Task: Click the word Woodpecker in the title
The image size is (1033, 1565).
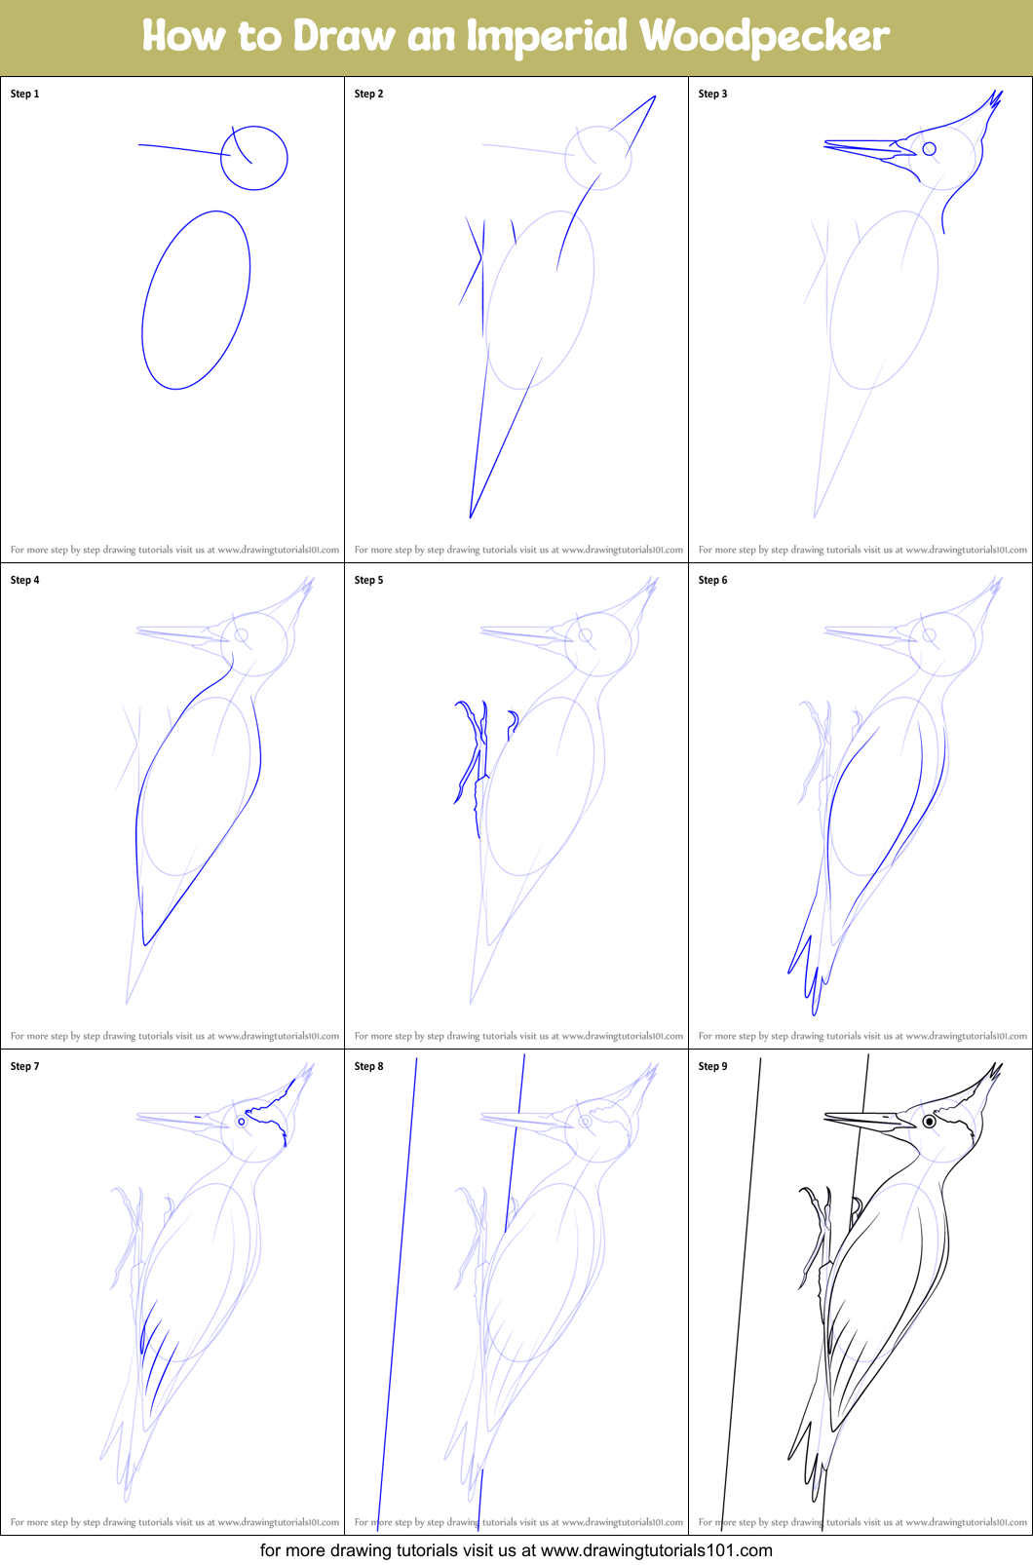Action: [764, 37]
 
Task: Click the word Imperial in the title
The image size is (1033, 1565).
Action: [547, 37]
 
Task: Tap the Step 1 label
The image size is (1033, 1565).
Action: [25, 95]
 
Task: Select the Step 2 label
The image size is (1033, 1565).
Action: [369, 95]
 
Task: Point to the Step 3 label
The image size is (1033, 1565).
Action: [713, 95]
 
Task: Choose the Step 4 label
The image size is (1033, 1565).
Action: [25, 581]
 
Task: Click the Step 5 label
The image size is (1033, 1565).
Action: [369, 581]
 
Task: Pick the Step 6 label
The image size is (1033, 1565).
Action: [713, 581]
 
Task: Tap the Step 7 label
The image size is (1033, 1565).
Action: [25, 1067]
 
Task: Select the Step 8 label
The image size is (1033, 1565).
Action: [369, 1067]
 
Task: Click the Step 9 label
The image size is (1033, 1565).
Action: [713, 1067]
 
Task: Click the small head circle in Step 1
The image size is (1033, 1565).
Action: [254, 157]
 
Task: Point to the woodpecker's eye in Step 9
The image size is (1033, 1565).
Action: [930, 1122]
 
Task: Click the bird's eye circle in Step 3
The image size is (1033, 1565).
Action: [930, 149]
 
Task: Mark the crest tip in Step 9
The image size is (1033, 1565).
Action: [1000, 1065]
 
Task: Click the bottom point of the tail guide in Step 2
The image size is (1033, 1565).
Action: [471, 516]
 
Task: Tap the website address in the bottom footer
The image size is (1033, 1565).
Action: [656, 1550]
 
